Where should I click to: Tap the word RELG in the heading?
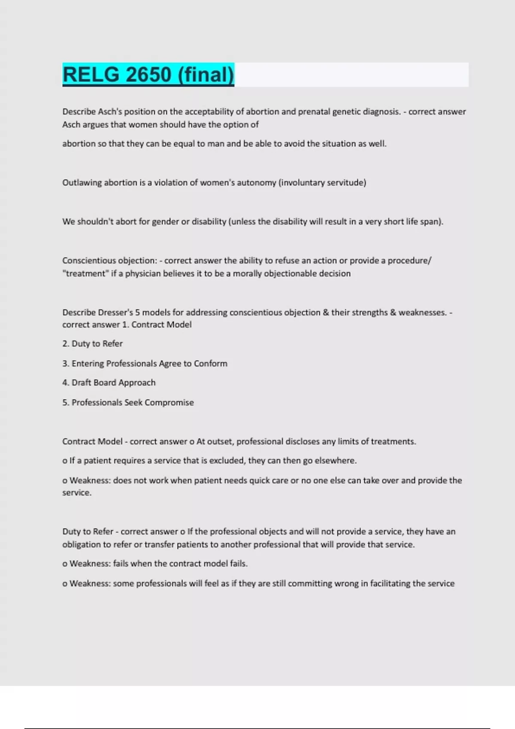tap(91, 75)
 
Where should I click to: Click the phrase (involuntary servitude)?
tap(322, 183)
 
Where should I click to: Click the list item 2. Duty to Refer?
tap(92, 344)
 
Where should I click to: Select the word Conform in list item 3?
tap(210, 364)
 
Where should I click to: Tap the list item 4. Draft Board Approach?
tap(109, 383)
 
